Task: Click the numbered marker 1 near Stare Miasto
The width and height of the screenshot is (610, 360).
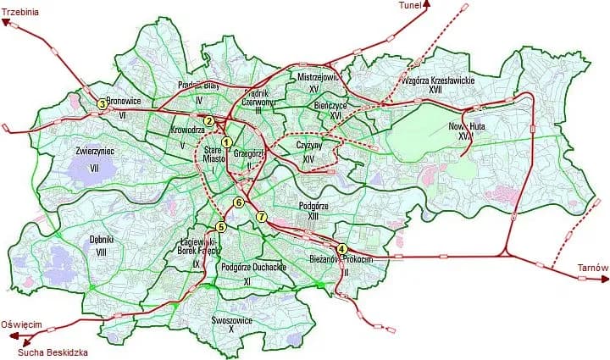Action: click(227, 141)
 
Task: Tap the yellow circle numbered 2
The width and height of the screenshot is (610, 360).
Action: click(208, 120)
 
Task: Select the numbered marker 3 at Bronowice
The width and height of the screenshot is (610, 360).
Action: click(102, 104)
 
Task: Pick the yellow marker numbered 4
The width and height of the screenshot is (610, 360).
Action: click(341, 248)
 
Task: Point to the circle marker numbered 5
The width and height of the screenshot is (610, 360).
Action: click(221, 227)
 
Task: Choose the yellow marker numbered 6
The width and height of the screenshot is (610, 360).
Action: click(239, 203)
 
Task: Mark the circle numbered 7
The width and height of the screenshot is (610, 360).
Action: click(262, 217)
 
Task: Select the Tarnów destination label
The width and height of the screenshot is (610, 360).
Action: click(593, 269)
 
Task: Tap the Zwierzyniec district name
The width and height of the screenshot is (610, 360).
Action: click(95, 151)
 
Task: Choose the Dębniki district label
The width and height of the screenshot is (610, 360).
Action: click(102, 240)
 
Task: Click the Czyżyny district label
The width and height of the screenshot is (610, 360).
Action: click(308, 145)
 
